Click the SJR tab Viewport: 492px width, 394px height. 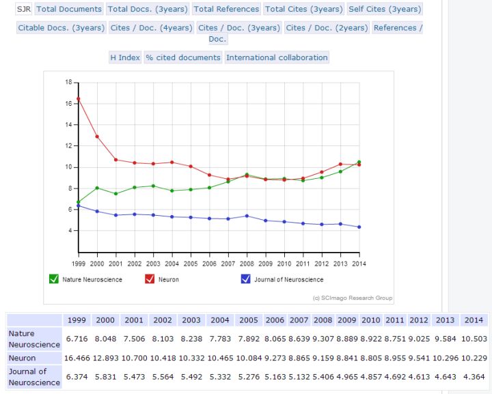(x=23, y=9)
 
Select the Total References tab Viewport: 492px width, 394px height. (x=227, y=9)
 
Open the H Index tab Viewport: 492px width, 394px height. (x=125, y=57)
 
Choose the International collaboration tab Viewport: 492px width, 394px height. (x=277, y=57)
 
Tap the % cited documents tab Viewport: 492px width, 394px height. (x=183, y=57)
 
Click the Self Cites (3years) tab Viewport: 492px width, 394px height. (x=385, y=9)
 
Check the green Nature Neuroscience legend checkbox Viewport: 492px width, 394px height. (x=54, y=279)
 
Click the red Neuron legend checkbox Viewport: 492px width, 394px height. (x=150, y=279)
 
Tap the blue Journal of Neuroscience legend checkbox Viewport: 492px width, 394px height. (x=246, y=279)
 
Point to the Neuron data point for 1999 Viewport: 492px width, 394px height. (x=79, y=99)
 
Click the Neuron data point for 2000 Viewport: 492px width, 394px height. (x=97, y=137)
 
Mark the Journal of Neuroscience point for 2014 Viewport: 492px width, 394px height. (x=359, y=227)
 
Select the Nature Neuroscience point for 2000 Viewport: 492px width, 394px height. (x=97, y=188)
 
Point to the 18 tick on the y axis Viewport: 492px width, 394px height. (x=69, y=82)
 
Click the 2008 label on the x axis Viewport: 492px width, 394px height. (x=247, y=264)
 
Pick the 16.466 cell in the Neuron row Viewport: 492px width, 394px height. (x=77, y=358)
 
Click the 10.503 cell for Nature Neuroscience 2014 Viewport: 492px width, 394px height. (x=474, y=339)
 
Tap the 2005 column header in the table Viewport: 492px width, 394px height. (x=249, y=320)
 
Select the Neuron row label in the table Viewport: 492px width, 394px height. (x=22, y=358)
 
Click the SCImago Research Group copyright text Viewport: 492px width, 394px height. (x=353, y=298)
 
